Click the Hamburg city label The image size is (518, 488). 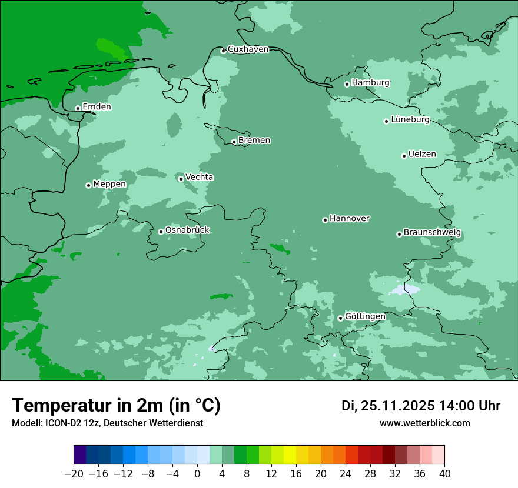tap(370, 83)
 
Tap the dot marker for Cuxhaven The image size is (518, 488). tap(223, 51)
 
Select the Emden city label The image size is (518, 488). tap(97, 107)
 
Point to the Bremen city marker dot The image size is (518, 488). tap(234, 142)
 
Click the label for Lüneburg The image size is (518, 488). tap(410, 120)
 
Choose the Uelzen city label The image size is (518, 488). tap(422, 155)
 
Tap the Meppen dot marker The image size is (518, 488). tap(88, 185)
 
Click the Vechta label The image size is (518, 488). tap(199, 178)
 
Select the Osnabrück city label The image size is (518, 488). tap(187, 230)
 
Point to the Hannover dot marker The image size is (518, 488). tap(325, 220)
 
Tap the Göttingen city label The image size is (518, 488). tap(365, 317)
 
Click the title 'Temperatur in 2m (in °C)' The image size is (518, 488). tap(116, 406)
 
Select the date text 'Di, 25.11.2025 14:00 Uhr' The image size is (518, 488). tap(421, 406)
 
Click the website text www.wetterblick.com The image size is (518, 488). tap(425, 423)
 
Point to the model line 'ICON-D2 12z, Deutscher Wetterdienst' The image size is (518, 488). tap(107, 423)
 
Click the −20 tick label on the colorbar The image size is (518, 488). tap(74, 474)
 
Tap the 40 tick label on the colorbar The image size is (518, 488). tap(444, 474)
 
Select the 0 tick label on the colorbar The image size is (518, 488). tap(197, 474)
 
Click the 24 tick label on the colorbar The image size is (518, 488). tap(346, 474)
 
